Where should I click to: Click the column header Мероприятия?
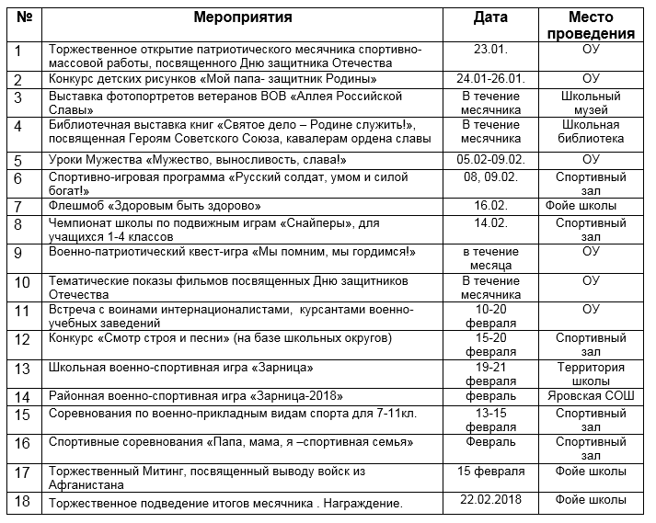[243, 17]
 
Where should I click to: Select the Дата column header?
[490, 17]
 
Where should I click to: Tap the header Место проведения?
[591, 26]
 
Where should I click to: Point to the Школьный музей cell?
[591, 103]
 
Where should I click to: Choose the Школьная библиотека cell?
[591, 131]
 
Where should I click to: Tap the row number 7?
[18, 207]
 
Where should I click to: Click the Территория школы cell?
[591, 374]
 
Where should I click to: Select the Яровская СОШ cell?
[591, 395]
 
